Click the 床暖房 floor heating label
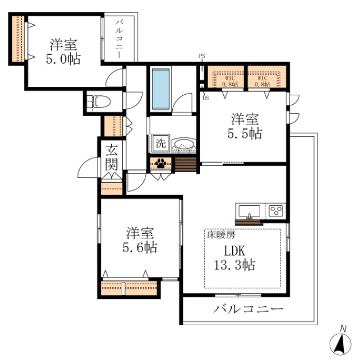(x=218, y=236)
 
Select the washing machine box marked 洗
(x=160, y=142)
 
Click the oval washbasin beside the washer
(x=183, y=145)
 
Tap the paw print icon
(x=162, y=163)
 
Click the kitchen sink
(x=249, y=211)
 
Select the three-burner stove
(x=276, y=211)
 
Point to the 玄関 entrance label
(x=111, y=158)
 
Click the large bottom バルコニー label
(x=247, y=310)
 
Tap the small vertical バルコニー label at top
(x=120, y=36)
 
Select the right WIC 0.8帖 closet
(x=268, y=78)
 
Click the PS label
(x=201, y=56)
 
